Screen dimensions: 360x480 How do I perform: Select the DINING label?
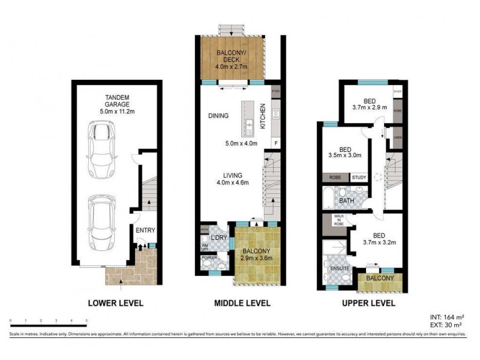(218, 116)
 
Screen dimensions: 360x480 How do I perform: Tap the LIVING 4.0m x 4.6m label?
(236, 179)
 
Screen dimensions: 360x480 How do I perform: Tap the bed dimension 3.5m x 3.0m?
(345, 154)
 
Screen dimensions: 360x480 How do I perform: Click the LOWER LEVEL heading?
(115, 303)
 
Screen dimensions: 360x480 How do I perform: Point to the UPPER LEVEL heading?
(368, 303)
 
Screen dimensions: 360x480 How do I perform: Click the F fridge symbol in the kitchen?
(275, 143)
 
